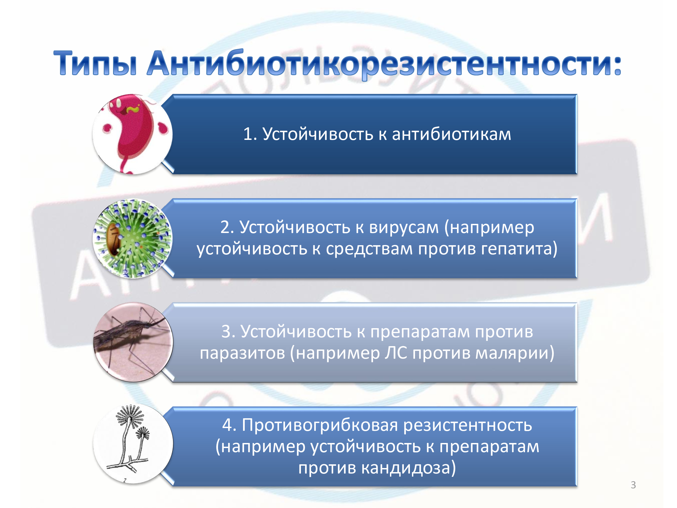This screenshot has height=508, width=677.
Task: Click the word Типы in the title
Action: click(x=95, y=64)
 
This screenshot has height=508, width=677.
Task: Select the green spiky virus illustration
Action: click(x=133, y=238)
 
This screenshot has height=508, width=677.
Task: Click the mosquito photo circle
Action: click(x=133, y=342)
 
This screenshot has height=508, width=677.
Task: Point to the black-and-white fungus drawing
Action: click(x=133, y=444)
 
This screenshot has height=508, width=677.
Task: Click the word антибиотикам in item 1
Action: click(x=451, y=134)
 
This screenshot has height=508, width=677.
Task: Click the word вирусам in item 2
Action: click(x=404, y=227)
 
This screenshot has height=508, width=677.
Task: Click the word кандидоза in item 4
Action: click(x=409, y=468)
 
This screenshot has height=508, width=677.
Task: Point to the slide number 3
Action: click(x=633, y=485)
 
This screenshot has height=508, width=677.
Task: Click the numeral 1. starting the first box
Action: click(x=250, y=134)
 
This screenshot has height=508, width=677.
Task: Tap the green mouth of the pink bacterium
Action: click(x=133, y=109)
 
